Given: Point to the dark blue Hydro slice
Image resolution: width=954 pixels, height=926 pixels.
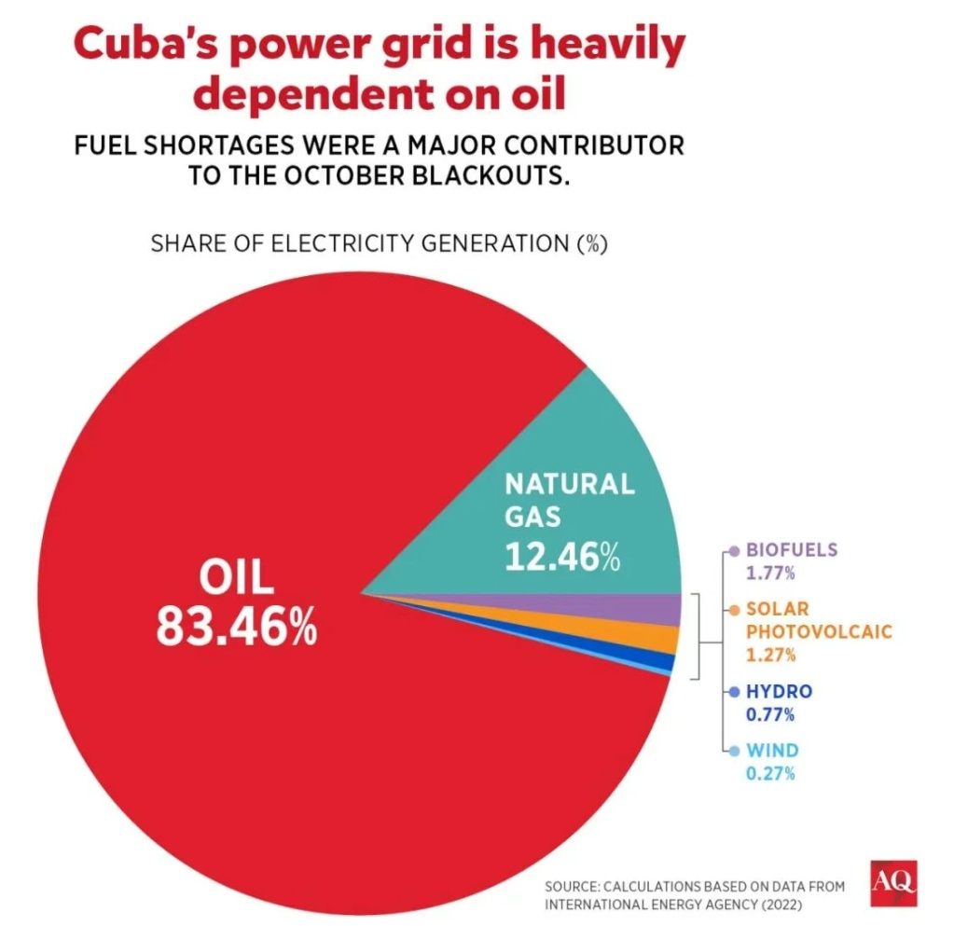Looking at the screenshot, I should (x=664, y=662).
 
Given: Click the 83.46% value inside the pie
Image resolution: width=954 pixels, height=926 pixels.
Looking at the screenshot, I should (x=236, y=629).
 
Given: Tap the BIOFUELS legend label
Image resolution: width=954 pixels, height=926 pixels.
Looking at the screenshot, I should (x=792, y=550).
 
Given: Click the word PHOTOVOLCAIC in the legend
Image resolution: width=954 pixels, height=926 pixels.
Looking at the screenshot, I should (x=819, y=631).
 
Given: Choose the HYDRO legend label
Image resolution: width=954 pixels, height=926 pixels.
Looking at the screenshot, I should (x=779, y=692).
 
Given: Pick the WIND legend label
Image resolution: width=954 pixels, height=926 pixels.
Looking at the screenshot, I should (x=772, y=751).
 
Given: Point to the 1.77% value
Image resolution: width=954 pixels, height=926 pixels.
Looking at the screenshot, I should (x=770, y=573).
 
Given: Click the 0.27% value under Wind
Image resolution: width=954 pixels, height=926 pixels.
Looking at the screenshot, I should (x=770, y=773).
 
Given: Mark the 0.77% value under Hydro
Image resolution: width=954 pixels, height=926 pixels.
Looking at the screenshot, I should (x=770, y=715).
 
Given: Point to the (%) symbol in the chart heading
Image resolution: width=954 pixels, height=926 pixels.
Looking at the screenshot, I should (x=590, y=244).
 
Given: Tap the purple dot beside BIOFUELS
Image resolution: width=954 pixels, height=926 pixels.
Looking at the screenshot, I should (x=735, y=551).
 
